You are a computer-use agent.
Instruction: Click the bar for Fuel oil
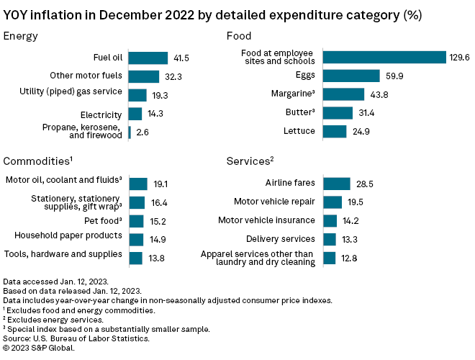(x=148, y=58)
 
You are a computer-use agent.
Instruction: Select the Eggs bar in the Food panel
(x=350, y=76)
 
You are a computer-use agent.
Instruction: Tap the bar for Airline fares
(x=336, y=184)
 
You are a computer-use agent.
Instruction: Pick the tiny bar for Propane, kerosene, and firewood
(x=130, y=132)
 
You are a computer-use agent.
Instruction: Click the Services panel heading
(x=249, y=161)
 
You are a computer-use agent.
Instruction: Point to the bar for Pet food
(x=136, y=221)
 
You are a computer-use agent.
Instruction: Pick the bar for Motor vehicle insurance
(x=330, y=221)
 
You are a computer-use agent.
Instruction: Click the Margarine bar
(x=343, y=94)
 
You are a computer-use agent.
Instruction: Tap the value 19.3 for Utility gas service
(x=159, y=95)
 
